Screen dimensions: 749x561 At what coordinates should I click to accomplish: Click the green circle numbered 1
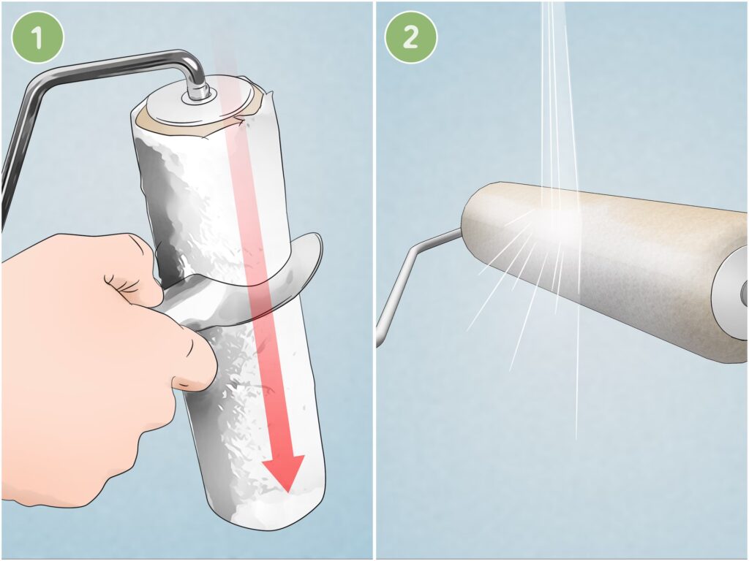[x=37, y=37]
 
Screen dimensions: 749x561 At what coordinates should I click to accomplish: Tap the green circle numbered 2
[x=411, y=37]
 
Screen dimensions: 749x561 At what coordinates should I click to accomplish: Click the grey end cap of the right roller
[x=731, y=296]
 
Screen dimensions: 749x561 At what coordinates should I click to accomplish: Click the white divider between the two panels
[x=374, y=280]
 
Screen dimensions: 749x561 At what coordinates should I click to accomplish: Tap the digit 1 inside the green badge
[x=37, y=38]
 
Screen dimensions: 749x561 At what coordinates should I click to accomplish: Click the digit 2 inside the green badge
[x=411, y=38]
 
